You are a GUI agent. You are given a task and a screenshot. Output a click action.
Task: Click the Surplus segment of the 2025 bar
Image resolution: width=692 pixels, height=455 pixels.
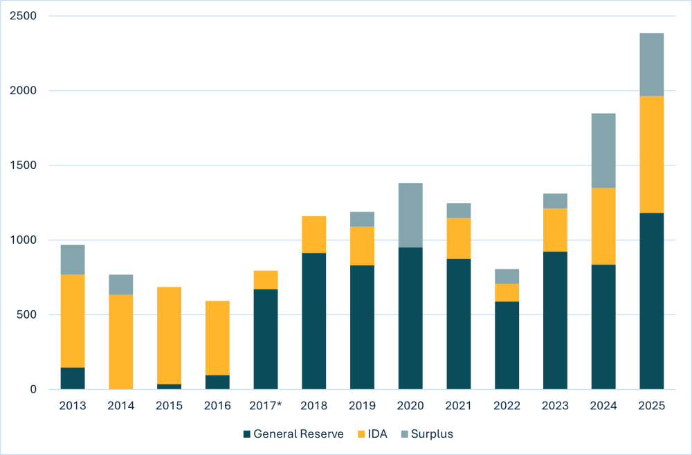[651, 64]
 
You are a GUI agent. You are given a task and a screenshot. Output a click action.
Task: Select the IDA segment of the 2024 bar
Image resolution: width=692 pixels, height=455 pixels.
[603, 226]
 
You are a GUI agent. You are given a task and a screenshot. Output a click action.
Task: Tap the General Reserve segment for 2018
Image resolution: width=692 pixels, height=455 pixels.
[313, 321]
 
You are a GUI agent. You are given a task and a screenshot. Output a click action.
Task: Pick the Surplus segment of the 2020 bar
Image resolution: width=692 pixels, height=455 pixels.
[410, 215]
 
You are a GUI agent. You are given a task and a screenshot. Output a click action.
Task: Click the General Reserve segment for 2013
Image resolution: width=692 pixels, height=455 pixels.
[73, 378]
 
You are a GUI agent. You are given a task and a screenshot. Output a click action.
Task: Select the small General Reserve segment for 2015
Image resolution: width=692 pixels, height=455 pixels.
[169, 386]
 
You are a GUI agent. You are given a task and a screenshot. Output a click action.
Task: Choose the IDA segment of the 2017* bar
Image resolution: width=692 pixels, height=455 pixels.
[266, 280]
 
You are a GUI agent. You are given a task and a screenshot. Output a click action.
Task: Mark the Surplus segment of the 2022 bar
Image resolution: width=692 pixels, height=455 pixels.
[507, 276]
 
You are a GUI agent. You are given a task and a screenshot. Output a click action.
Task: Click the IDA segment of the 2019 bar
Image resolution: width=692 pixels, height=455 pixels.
[362, 246]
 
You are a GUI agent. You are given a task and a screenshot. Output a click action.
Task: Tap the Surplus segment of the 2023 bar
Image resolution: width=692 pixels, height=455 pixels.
[555, 201]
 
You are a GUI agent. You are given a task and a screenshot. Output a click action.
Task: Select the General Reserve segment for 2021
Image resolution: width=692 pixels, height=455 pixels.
[458, 324]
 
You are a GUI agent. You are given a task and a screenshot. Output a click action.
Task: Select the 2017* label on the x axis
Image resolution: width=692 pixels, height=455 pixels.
[266, 406]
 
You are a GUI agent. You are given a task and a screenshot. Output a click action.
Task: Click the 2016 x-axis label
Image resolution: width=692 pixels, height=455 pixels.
[217, 406]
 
